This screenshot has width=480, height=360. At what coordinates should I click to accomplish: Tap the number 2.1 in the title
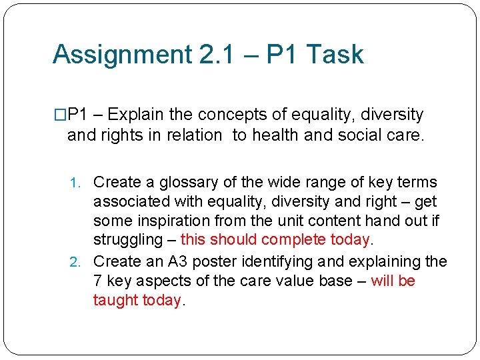pyautogui.click(x=221, y=55)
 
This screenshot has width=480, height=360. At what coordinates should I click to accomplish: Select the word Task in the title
pyautogui.click(x=338, y=55)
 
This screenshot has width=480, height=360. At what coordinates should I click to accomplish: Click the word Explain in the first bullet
pyautogui.click(x=149, y=115)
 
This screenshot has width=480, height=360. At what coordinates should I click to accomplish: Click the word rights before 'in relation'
pyautogui.click(x=119, y=135)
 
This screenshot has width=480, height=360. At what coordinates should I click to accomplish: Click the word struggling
pyautogui.click(x=127, y=240)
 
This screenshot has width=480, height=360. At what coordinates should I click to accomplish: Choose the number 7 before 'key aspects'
pyautogui.click(x=97, y=281)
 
